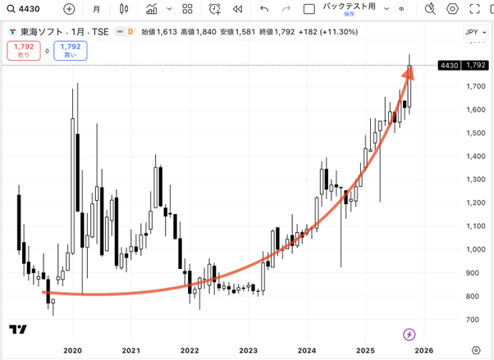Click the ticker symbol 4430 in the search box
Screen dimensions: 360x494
pos(30,9)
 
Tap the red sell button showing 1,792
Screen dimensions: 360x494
pos(23,50)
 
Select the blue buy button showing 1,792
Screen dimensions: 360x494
pos(71,50)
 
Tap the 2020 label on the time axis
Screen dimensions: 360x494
pos(72,349)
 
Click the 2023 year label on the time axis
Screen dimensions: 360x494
pos(248,349)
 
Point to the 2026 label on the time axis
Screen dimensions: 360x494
pos(424,349)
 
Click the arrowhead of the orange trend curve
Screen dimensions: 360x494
pos(409,71)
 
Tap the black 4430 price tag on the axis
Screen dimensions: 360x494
pos(449,65)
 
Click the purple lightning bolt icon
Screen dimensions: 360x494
pos(409,334)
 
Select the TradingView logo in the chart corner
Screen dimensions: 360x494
pos(17,330)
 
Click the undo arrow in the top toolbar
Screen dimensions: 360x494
pos(263,9)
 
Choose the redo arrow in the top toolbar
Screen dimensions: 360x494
pos(286,9)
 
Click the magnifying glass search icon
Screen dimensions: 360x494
pos(10,9)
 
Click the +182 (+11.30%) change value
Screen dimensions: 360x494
pos(329,32)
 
